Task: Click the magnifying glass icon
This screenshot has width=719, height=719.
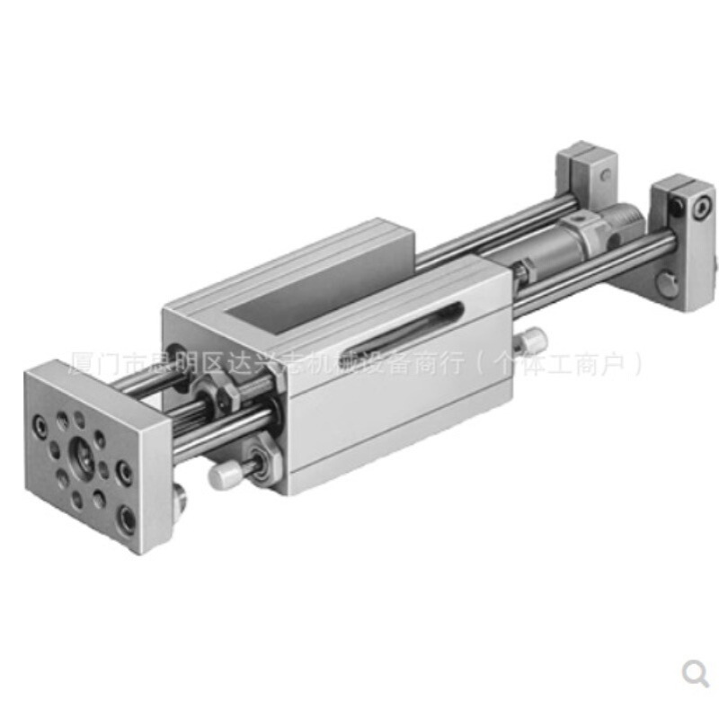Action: pos(695,672)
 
